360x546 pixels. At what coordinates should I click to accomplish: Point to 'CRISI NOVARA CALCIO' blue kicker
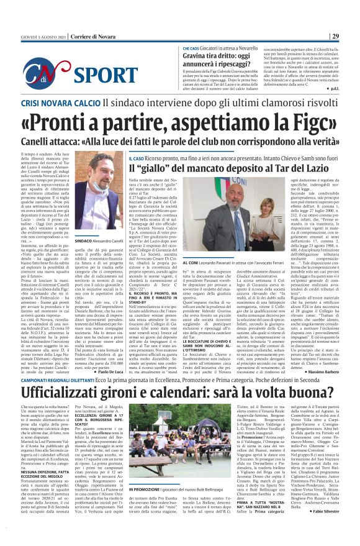coord(56,106)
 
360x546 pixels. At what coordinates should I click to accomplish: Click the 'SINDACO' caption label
coord(84,239)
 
